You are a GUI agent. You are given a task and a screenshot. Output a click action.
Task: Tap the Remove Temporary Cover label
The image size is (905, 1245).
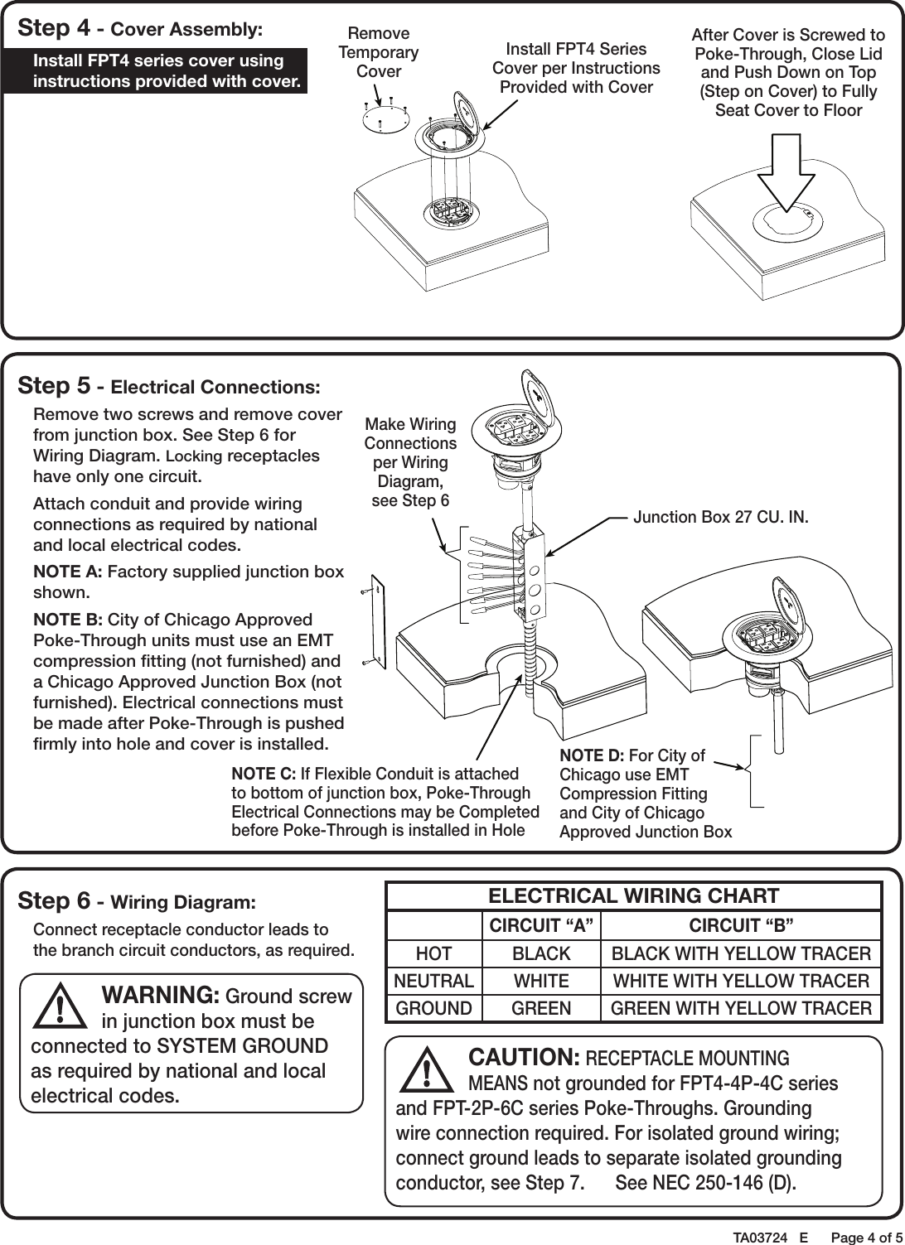(379, 52)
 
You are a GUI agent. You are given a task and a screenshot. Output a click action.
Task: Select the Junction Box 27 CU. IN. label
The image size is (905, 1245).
(719, 517)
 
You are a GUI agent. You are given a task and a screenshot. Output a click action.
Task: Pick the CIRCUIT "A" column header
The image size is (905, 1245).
(541, 925)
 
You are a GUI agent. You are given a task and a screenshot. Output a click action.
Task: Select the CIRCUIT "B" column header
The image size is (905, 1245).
(741, 925)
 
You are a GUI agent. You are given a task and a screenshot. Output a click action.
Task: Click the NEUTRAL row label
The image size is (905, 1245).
(434, 981)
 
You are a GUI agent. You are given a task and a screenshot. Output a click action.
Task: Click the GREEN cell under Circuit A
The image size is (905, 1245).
(541, 1008)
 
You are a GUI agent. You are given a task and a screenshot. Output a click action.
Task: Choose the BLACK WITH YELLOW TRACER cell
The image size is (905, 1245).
(741, 953)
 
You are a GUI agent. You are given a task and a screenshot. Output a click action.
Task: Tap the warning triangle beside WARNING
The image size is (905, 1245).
(62, 1006)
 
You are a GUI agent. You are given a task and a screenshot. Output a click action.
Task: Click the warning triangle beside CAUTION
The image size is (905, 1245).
(427, 1071)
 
